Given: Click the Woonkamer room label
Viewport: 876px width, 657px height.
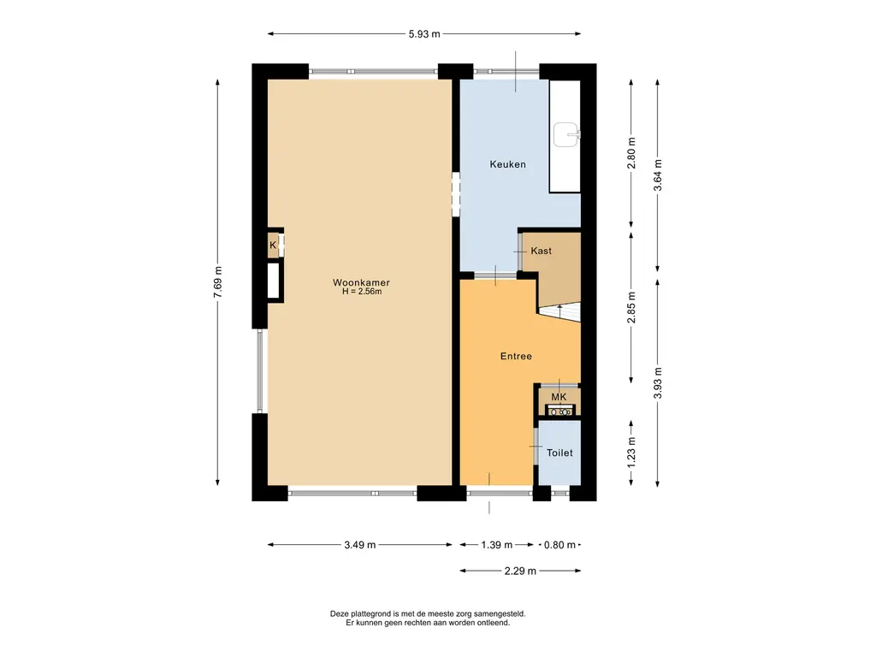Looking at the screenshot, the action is pos(361,282).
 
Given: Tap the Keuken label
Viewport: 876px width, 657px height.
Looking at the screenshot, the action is pos(508,164).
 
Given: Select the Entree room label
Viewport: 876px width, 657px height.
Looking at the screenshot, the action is pos(516,356).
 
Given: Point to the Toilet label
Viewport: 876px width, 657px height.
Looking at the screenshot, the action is pos(559,453).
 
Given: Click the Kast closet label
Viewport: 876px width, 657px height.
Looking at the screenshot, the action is pos(541,251).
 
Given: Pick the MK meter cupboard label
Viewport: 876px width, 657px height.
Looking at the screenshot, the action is pos(559,397).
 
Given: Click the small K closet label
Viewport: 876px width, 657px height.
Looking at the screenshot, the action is pos(273,246).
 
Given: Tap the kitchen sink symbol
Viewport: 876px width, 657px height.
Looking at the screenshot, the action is pos(566,134).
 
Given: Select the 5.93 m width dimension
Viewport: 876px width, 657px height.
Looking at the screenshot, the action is pos(424,34).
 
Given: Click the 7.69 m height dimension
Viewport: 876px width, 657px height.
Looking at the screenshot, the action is pos(218,281).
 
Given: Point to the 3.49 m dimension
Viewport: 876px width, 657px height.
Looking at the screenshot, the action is pos(360,545).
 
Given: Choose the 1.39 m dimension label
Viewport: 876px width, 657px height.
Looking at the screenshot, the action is pos(497,545).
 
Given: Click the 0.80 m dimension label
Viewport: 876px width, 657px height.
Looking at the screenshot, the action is pos(559,545).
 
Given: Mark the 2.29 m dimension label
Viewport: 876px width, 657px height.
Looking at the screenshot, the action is pos(520,571).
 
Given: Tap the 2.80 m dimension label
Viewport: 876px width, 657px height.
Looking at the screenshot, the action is pos(631,153).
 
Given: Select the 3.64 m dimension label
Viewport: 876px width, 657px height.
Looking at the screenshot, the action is pos(658,175).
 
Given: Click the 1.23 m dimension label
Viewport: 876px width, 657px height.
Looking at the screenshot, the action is pos(631,452).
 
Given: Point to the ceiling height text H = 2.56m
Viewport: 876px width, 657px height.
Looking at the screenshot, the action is pos(362,292).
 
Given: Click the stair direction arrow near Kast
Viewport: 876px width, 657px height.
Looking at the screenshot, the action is pos(559,308).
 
